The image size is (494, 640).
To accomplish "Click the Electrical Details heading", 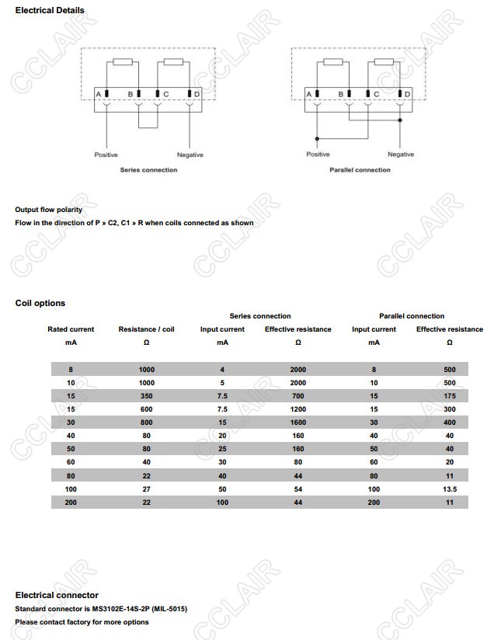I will [50, 10].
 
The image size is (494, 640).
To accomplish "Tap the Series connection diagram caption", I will [148, 170].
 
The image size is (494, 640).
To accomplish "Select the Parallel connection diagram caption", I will [360, 170].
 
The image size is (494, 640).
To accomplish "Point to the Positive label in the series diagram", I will [106, 155].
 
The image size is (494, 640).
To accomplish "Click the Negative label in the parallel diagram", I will [401, 155].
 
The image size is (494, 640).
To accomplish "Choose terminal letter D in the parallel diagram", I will [407, 94].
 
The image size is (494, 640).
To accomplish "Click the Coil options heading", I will [40, 303].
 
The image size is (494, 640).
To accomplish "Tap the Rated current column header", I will [71, 329].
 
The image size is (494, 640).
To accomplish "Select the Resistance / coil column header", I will [146, 329].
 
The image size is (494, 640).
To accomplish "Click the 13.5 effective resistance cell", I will [450, 489].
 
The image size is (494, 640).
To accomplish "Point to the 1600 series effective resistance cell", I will [298, 423].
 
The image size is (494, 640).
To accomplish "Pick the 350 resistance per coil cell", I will [146, 396].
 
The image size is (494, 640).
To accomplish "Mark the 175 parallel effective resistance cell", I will [450, 396].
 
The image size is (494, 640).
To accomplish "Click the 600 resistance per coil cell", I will [146, 409].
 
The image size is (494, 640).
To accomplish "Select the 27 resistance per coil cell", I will [146, 489].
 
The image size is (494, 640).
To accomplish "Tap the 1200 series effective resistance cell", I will [298, 409].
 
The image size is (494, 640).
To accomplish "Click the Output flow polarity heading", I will [48, 210].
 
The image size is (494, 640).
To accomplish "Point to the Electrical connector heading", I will [57, 595].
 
